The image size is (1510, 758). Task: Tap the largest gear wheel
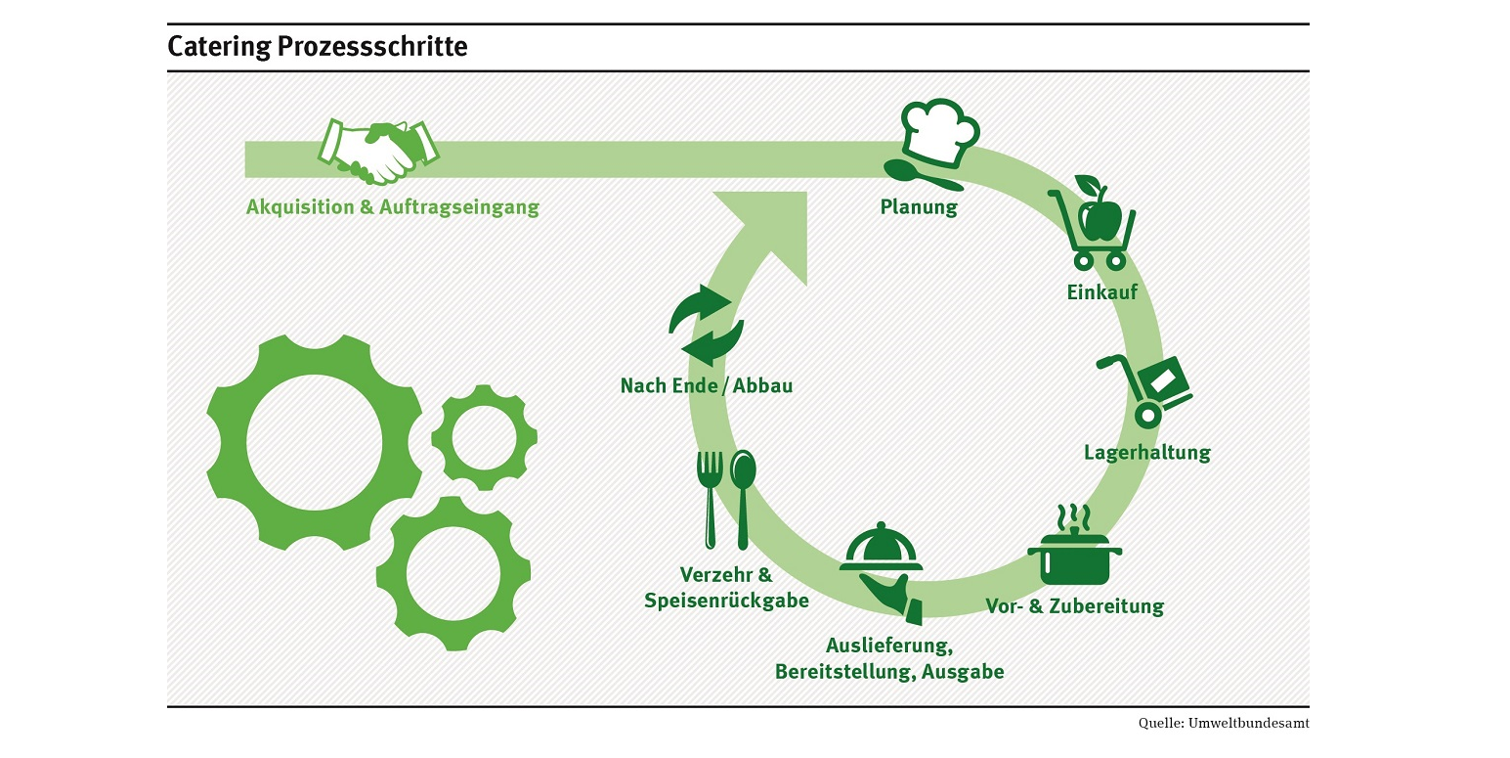click(x=314, y=441)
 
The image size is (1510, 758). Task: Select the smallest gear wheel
click(x=484, y=436)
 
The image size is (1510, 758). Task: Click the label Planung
click(x=919, y=206)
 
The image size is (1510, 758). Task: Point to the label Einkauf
click(x=1101, y=291)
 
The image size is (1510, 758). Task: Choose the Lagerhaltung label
click(x=1146, y=453)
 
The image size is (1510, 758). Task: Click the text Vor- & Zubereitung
click(x=1074, y=606)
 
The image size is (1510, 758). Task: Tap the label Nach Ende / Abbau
click(x=707, y=385)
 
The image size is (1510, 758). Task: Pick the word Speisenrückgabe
click(x=726, y=600)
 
